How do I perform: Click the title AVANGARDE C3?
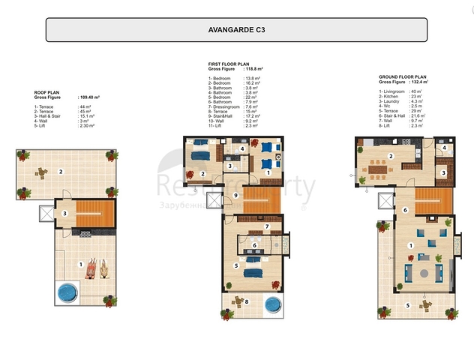coord(237,30)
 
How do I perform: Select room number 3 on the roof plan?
coord(65,214)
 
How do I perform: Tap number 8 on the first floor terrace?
coord(248,302)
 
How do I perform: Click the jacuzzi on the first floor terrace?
coord(273,306)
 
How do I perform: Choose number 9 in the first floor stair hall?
coord(235,196)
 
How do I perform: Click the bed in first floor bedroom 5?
coord(250,262)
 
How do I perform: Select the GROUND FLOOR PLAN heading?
coord(403,76)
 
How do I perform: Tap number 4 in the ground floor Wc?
coord(445,148)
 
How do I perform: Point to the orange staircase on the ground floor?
coord(433,200)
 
